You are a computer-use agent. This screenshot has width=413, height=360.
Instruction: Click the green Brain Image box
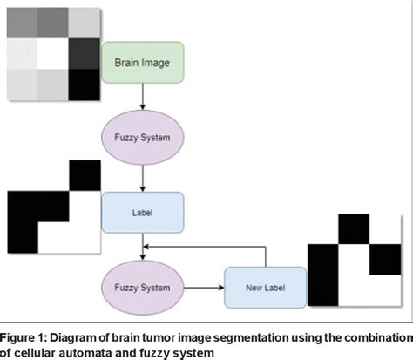pyautogui.click(x=143, y=63)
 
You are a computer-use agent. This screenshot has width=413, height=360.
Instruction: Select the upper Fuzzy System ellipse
pyautogui.click(x=143, y=138)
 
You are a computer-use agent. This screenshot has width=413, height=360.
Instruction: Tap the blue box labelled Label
pyautogui.click(x=143, y=212)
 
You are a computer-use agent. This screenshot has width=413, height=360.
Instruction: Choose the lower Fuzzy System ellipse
pyautogui.click(x=143, y=286)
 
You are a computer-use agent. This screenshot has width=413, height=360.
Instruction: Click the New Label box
pyautogui.click(x=264, y=287)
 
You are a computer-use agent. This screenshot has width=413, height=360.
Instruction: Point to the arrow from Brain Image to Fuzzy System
pyautogui.click(x=143, y=97)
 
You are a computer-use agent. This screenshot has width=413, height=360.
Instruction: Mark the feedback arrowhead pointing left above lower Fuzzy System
pyautogui.click(x=148, y=247)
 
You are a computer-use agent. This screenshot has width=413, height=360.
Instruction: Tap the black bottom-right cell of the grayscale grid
pyautogui.click(x=84, y=85)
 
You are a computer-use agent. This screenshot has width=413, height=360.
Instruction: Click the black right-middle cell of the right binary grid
pyautogui.click(x=386, y=260)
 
